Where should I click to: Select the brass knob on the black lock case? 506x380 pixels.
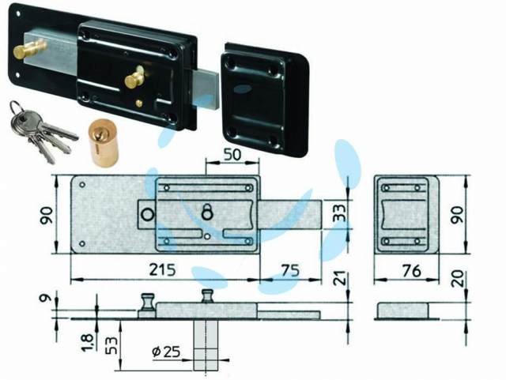coord(134,78)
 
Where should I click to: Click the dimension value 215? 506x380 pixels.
coord(163,269)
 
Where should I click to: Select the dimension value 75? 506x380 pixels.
coord(290,269)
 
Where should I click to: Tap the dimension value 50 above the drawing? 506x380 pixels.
coord(232,155)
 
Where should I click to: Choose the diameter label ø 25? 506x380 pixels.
coord(166,352)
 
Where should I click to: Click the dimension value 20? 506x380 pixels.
coord(459,278)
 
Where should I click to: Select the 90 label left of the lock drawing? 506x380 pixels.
coord(46,216)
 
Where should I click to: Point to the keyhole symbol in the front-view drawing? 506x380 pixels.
coord(206,211)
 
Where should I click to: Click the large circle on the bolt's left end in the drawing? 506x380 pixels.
coord(147,215)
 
